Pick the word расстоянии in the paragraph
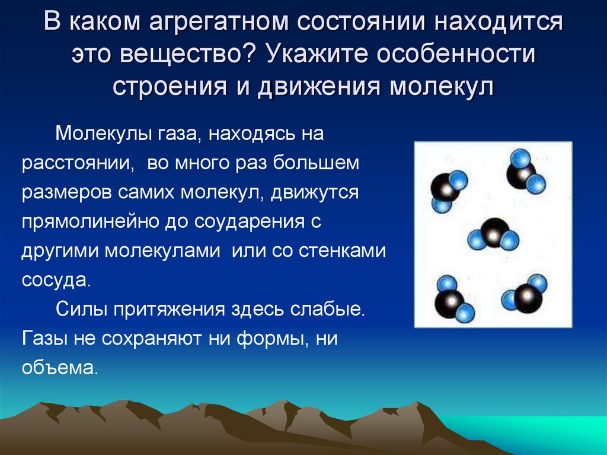(x=76, y=163)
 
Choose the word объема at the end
(x=57, y=367)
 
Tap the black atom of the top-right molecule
(x=519, y=174)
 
